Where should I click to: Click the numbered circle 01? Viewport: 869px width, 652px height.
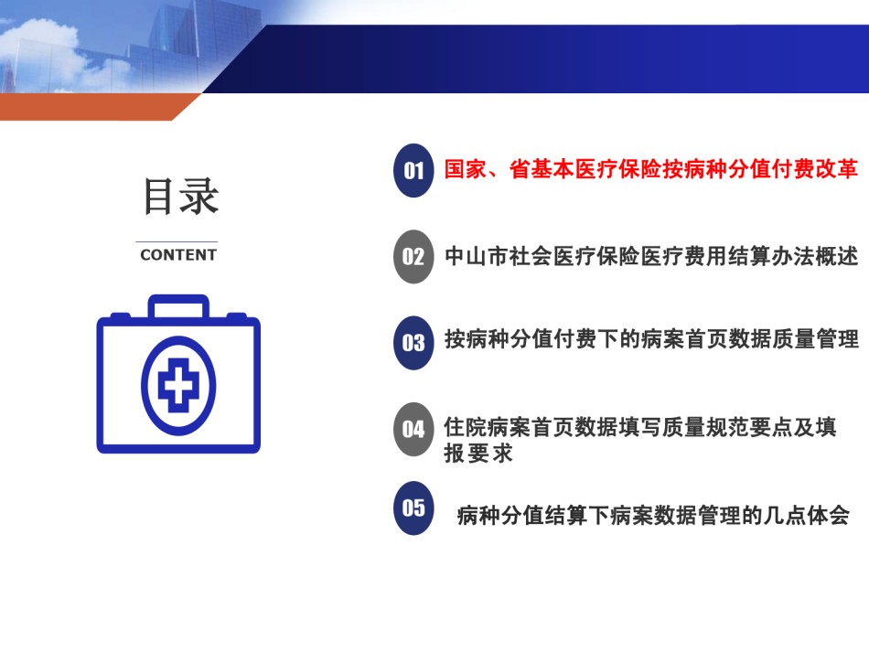click(x=413, y=170)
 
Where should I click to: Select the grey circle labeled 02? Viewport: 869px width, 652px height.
click(x=413, y=256)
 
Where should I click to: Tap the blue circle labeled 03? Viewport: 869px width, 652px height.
click(x=413, y=342)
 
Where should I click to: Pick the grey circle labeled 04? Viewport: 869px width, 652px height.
click(x=413, y=429)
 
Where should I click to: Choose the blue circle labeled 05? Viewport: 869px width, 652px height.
click(x=413, y=508)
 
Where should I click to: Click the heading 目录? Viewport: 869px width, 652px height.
click(x=181, y=196)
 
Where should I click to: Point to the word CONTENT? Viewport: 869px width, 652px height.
click(x=178, y=255)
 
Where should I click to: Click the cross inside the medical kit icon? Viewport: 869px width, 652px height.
click(x=178, y=385)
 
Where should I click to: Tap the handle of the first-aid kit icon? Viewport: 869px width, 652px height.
click(x=178, y=306)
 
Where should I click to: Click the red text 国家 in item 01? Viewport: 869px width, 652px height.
click(x=466, y=169)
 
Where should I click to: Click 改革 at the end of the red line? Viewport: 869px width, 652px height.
click(x=837, y=169)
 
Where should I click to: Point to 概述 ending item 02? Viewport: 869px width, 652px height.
click(x=837, y=256)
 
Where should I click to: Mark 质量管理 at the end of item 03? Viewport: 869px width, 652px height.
click(x=815, y=339)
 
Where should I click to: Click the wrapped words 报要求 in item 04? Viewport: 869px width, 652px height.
click(x=478, y=454)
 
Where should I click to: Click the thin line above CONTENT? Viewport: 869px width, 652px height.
click(x=177, y=241)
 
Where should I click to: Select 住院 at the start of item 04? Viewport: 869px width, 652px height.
click(x=466, y=427)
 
